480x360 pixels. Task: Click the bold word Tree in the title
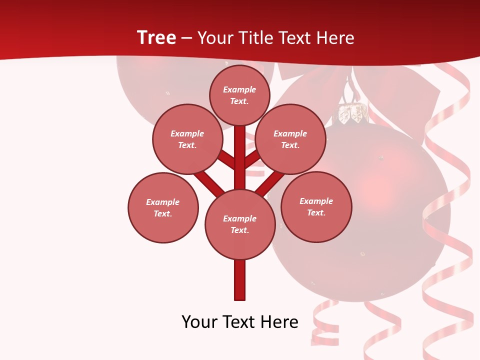tap(156, 37)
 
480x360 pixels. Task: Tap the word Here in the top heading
tap(335, 37)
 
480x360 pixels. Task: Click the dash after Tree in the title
tap(186, 38)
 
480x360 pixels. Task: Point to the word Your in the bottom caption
tap(200, 322)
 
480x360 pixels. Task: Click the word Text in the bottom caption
tap(238, 322)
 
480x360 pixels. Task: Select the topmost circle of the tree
tap(239, 95)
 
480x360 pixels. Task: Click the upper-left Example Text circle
tap(187, 139)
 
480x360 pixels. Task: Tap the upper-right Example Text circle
tap(290, 139)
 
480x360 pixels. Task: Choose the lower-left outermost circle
tap(163, 207)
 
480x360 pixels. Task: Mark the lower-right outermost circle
tap(316, 206)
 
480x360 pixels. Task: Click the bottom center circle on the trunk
tap(240, 224)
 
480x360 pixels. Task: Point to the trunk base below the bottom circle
tap(240, 280)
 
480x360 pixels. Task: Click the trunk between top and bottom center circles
tap(240, 165)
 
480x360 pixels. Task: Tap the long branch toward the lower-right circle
tap(270, 183)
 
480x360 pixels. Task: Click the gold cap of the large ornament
tap(354, 114)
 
